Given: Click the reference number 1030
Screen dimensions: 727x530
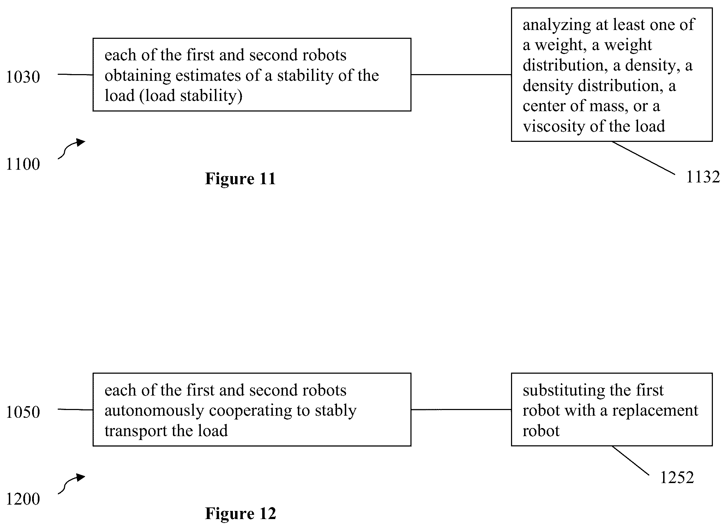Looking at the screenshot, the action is tap(23, 77).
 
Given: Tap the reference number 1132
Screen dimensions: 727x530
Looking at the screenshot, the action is tap(703, 177).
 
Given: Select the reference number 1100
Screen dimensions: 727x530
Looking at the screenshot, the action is tap(23, 164).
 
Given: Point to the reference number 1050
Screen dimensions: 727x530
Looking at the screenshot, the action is tap(23, 412).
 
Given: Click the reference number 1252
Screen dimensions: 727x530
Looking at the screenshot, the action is tap(677, 478).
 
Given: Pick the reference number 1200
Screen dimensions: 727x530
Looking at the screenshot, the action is tap(23, 499).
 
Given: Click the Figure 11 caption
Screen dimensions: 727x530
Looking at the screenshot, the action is tap(240, 179).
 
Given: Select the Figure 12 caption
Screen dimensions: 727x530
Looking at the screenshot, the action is tap(240, 514).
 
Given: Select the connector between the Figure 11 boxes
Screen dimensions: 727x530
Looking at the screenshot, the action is tap(461, 74).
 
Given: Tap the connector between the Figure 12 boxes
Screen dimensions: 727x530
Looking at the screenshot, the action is tap(461, 410).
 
